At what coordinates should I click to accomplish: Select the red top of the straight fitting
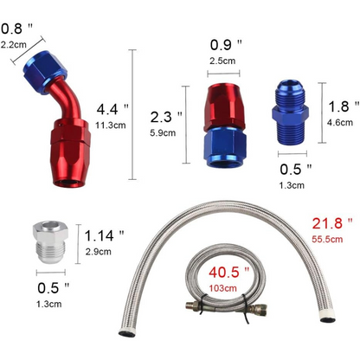228,104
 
